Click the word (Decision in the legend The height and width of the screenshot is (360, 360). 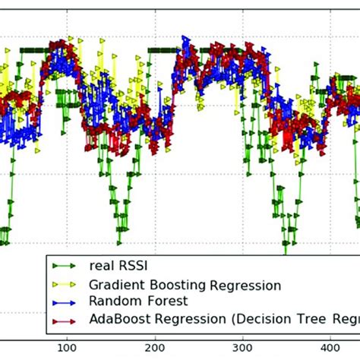click(x=256, y=318)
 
